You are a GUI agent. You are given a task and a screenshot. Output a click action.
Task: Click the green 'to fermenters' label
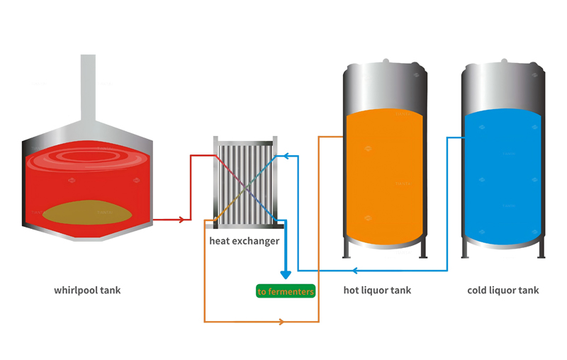coord(285,291)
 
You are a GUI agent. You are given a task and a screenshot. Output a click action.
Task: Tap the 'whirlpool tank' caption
coord(87,291)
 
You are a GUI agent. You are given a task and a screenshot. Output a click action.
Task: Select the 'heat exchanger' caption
coord(244,241)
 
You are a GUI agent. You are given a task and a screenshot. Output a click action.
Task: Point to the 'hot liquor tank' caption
coord(377,291)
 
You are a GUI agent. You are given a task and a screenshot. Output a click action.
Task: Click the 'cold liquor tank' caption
coord(503,291)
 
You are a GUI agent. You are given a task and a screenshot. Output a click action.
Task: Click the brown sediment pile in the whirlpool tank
coord(88,211)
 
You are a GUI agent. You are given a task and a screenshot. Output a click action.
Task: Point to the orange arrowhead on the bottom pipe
coord(281,322)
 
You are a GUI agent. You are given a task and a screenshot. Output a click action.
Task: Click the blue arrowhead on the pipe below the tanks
coord(356,270)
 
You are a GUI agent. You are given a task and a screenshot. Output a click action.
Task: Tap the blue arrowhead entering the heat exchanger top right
coord(281,156)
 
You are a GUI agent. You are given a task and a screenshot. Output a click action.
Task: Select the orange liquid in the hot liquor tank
coord(384,177)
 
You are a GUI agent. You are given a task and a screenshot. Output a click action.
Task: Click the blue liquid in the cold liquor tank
coord(503,177)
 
